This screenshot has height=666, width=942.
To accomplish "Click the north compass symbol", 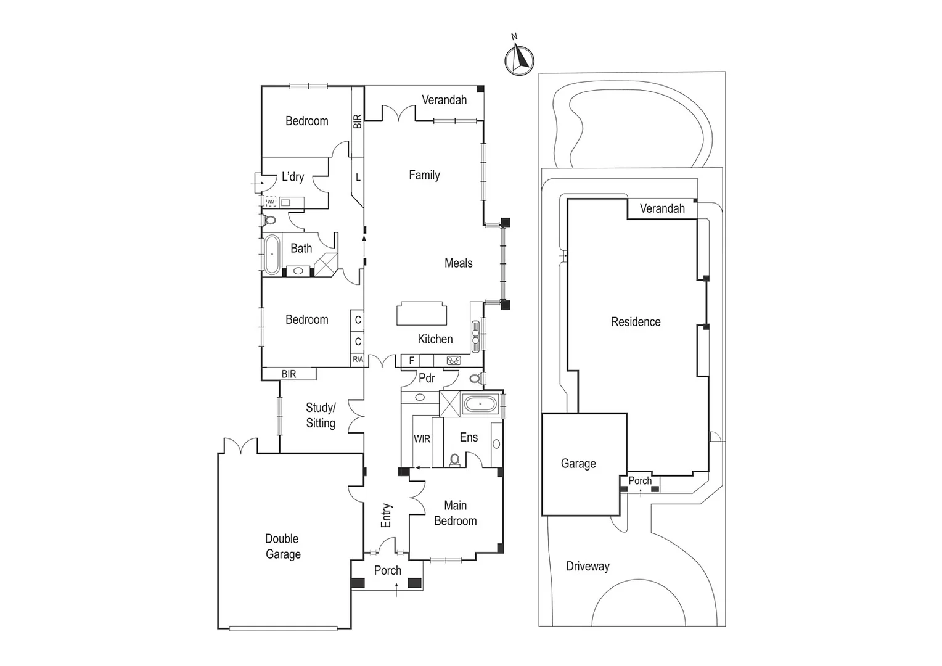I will (x=519, y=59).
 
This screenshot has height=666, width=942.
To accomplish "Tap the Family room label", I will (x=424, y=175).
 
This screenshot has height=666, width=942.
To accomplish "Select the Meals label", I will (x=458, y=263).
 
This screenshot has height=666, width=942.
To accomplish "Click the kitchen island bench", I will (x=422, y=313).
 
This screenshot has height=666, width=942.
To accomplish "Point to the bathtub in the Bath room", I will (x=271, y=254).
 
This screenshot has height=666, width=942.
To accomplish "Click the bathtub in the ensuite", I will (x=480, y=405).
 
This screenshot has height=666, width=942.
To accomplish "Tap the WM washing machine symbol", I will (x=271, y=202).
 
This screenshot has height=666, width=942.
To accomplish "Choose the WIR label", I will (x=422, y=439).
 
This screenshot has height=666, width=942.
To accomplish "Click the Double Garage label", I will (x=282, y=546).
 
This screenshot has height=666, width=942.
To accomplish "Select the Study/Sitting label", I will (x=321, y=415).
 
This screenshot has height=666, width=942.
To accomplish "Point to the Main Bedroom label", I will (x=455, y=513).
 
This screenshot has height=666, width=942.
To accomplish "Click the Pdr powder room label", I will (x=427, y=378).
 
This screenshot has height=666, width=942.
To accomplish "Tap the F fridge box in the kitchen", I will (x=412, y=361).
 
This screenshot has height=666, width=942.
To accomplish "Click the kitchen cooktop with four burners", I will (x=454, y=361).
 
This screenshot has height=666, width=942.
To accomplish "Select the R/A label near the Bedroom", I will (x=358, y=360).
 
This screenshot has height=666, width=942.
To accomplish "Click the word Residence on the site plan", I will (x=635, y=322).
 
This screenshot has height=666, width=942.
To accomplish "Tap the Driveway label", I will (x=588, y=566).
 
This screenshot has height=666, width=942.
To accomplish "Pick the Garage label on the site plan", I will (x=578, y=464).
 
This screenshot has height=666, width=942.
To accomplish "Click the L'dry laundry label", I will (x=292, y=177).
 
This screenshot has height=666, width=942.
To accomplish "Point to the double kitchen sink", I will (x=475, y=335).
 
